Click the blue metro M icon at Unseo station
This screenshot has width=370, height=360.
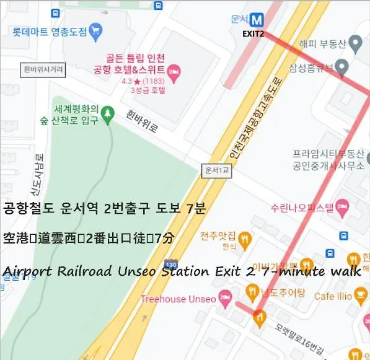(x=257, y=19)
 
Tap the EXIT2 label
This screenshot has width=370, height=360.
(x=253, y=33)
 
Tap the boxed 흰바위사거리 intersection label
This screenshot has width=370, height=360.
(x=43, y=70)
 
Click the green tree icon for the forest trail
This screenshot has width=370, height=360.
(x=109, y=113)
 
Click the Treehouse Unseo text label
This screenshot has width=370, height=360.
(x=178, y=299)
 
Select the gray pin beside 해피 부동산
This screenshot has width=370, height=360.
(x=355, y=44)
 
